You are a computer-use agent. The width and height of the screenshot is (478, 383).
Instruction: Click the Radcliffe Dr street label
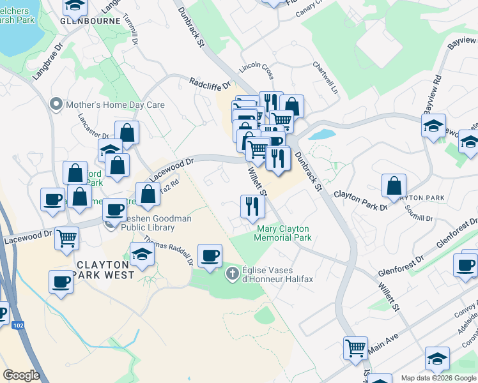[x=209, y=82]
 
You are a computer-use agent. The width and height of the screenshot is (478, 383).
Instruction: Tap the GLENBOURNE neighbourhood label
[x=90, y=20]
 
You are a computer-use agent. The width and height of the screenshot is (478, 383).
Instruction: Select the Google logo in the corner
[x=21, y=375]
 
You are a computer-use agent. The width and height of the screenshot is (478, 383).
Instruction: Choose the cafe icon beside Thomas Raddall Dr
[x=210, y=255]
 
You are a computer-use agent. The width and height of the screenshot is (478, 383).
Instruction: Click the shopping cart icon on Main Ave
[x=355, y=348]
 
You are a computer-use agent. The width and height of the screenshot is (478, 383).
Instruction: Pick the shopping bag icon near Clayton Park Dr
[x=394, y=185]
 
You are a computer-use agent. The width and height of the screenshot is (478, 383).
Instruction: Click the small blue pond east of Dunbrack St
[x=322, y=135]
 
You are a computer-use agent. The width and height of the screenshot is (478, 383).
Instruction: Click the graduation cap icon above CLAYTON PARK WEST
[x=142, y=253]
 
